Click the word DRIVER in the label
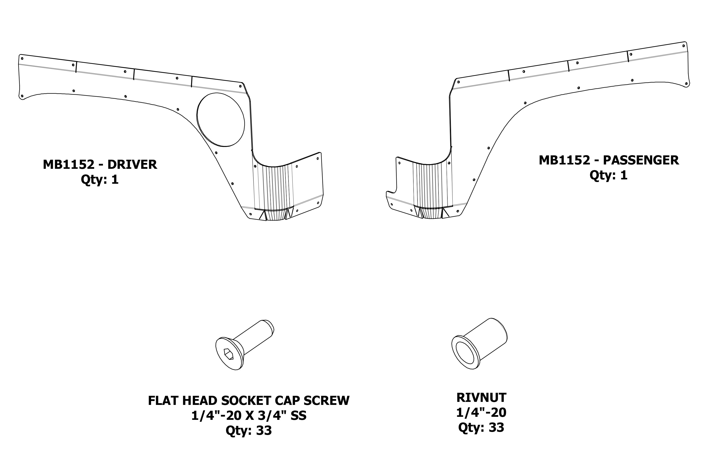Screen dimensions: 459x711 click(x=132, y=164)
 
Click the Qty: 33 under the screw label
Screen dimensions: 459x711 click(x=249, y=430)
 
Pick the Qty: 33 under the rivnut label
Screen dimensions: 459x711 click(x=481, y=427)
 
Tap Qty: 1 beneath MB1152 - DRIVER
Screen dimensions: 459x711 click(x=100, y=180)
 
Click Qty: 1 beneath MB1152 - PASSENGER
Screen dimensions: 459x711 click(x=608, y=175)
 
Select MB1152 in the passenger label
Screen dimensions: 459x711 click(x=564, y=160)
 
